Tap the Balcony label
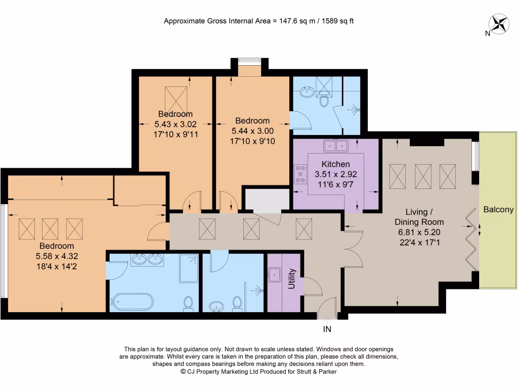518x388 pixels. tap(498, 210)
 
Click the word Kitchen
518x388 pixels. tap(335, 164)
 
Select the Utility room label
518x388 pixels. tap(291, 282)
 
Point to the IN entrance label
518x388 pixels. tap(328, 329)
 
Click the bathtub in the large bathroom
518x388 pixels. tap(132, 302)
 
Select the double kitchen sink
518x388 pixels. tap(336, 147)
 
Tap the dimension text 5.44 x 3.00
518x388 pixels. tap(252, 130)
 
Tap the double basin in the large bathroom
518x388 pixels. tap(147, 260)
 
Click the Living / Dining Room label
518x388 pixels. tap(419, 217)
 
